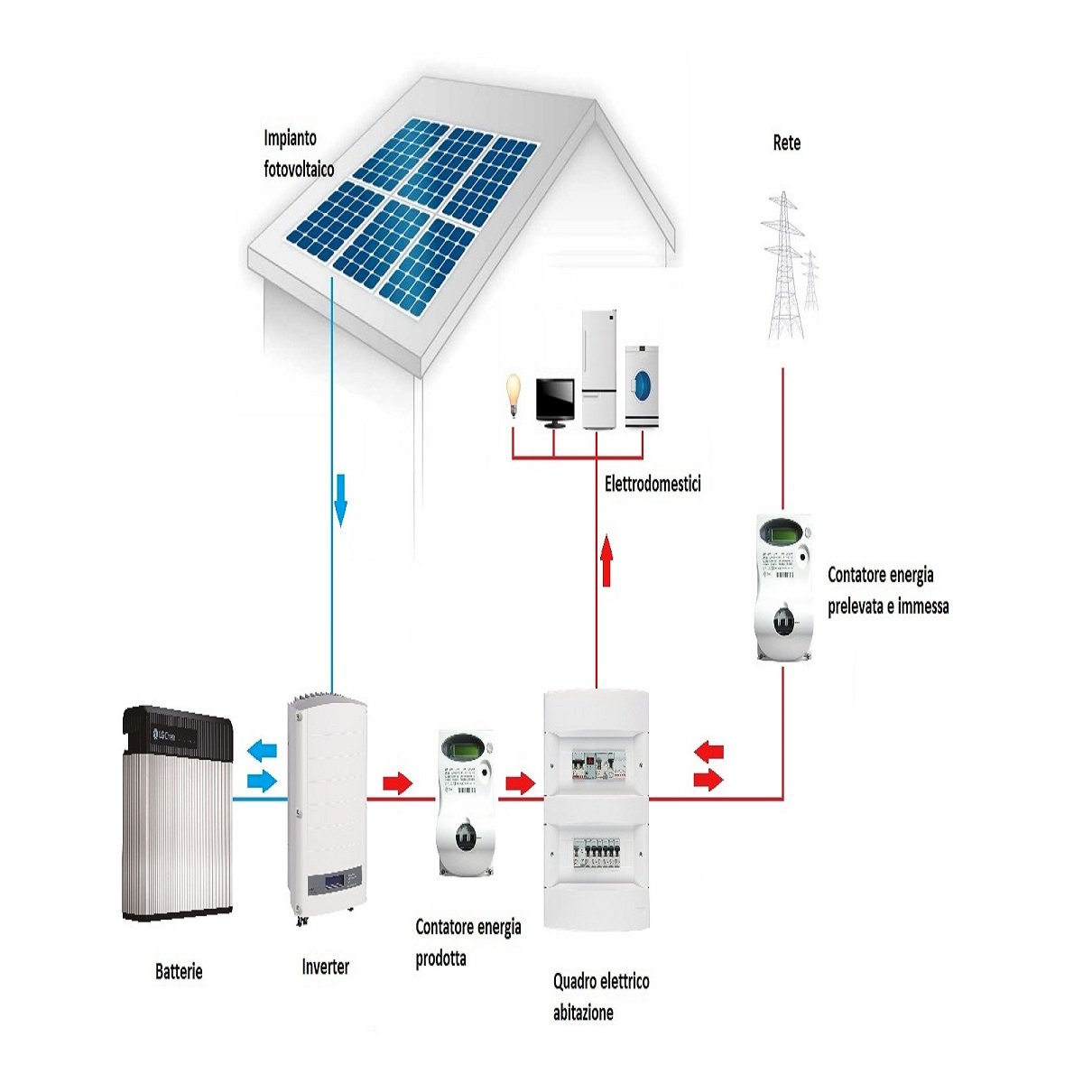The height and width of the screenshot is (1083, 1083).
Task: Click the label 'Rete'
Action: tap(786, 143)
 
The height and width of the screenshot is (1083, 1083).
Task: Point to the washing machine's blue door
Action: tap(642, 384)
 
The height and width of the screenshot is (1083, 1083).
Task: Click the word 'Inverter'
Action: tap(325, 967)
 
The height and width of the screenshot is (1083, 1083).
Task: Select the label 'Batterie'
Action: tap(179, 972)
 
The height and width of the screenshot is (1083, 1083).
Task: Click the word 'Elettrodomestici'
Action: tap(653, 484)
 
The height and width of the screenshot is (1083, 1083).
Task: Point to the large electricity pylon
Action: tap(782, 266)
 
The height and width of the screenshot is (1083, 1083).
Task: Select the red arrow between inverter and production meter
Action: tap(397, 782)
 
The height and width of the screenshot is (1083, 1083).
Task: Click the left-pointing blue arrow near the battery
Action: tap(264, 749)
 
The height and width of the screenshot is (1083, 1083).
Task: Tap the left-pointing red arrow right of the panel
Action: tap(709, 750)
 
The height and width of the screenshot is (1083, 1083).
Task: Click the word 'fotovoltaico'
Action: tap(299, 169)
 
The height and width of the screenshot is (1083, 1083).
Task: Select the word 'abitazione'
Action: tap(583, 1013)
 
